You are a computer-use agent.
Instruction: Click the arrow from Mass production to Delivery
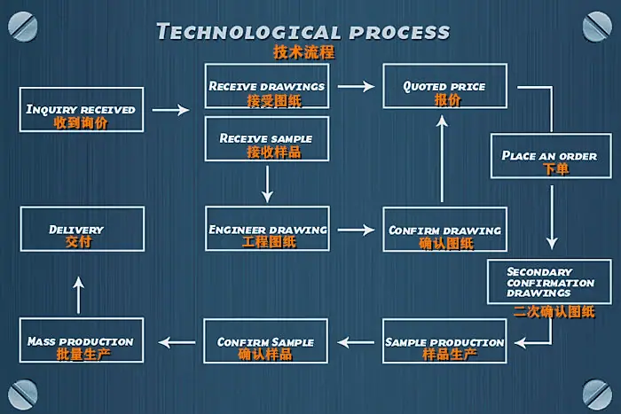coord(79,295)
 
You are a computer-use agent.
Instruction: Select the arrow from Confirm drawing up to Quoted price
coord(442,159)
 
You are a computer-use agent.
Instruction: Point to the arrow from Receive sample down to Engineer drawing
coord(267,184)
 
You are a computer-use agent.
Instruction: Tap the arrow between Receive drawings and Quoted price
coord(357,86)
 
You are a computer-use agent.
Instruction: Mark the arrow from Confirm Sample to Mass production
coord(177,342)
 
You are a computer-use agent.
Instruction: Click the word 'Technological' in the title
coord(248,32)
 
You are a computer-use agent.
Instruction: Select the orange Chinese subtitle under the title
coord(304,52)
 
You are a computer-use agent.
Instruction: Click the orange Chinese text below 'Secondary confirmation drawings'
coord(554,312)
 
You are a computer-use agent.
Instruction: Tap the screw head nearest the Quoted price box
coord(597,27)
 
